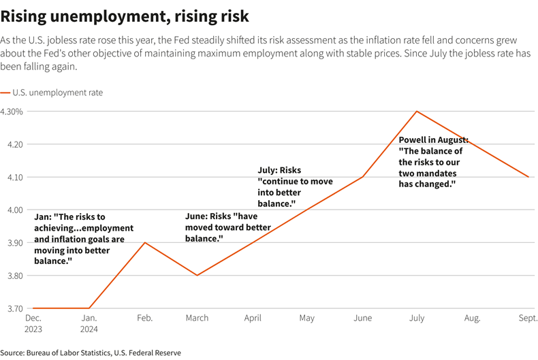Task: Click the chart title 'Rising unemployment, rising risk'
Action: [x=125, y=14]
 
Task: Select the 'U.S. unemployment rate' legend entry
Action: [x=57, y=92]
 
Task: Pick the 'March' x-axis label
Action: [x=198, y=318]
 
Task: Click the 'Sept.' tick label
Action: [x=526, y=318]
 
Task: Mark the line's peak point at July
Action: [x=417, y=112]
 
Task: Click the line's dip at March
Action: [x=198, y=275]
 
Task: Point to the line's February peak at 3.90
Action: [x=144, y=242]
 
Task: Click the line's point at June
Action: [x=362, y=177]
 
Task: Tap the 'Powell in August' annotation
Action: [x=432, y=162]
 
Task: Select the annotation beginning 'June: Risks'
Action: [x=228, y=227]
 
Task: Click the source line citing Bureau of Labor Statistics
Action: [x=91, y=353]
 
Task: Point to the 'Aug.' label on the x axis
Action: [x=472, y=318]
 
